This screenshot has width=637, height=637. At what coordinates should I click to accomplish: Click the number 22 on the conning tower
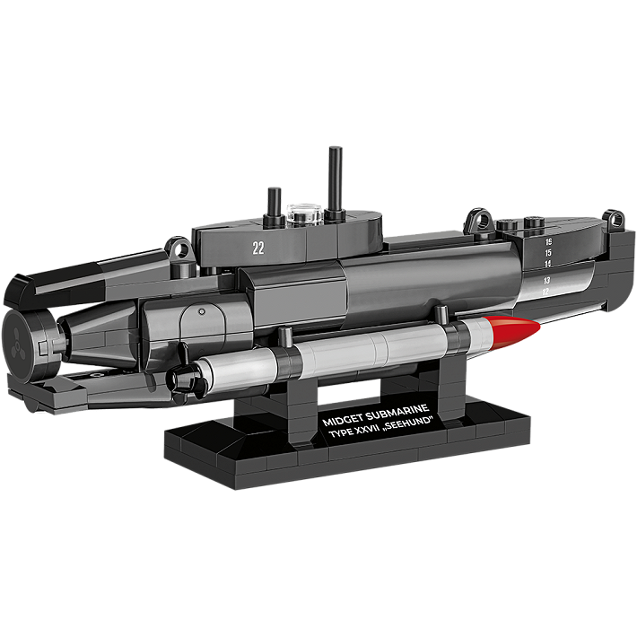(258, 249)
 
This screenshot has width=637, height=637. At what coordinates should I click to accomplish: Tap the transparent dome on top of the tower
(303, 214)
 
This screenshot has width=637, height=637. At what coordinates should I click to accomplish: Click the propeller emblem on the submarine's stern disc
(19, 335)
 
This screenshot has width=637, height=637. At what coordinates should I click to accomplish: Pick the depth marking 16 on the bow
(547, 241)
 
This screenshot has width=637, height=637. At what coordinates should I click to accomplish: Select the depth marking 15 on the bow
(547, 253)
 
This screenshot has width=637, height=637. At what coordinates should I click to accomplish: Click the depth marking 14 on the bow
(546, 265)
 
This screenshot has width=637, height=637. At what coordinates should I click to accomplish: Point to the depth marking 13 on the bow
(546, 280)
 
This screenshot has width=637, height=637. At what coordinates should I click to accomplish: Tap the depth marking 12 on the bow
(545, 292)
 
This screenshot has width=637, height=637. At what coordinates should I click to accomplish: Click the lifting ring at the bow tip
(615, 218)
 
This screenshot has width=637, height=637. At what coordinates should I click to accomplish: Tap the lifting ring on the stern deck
(179, 246)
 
